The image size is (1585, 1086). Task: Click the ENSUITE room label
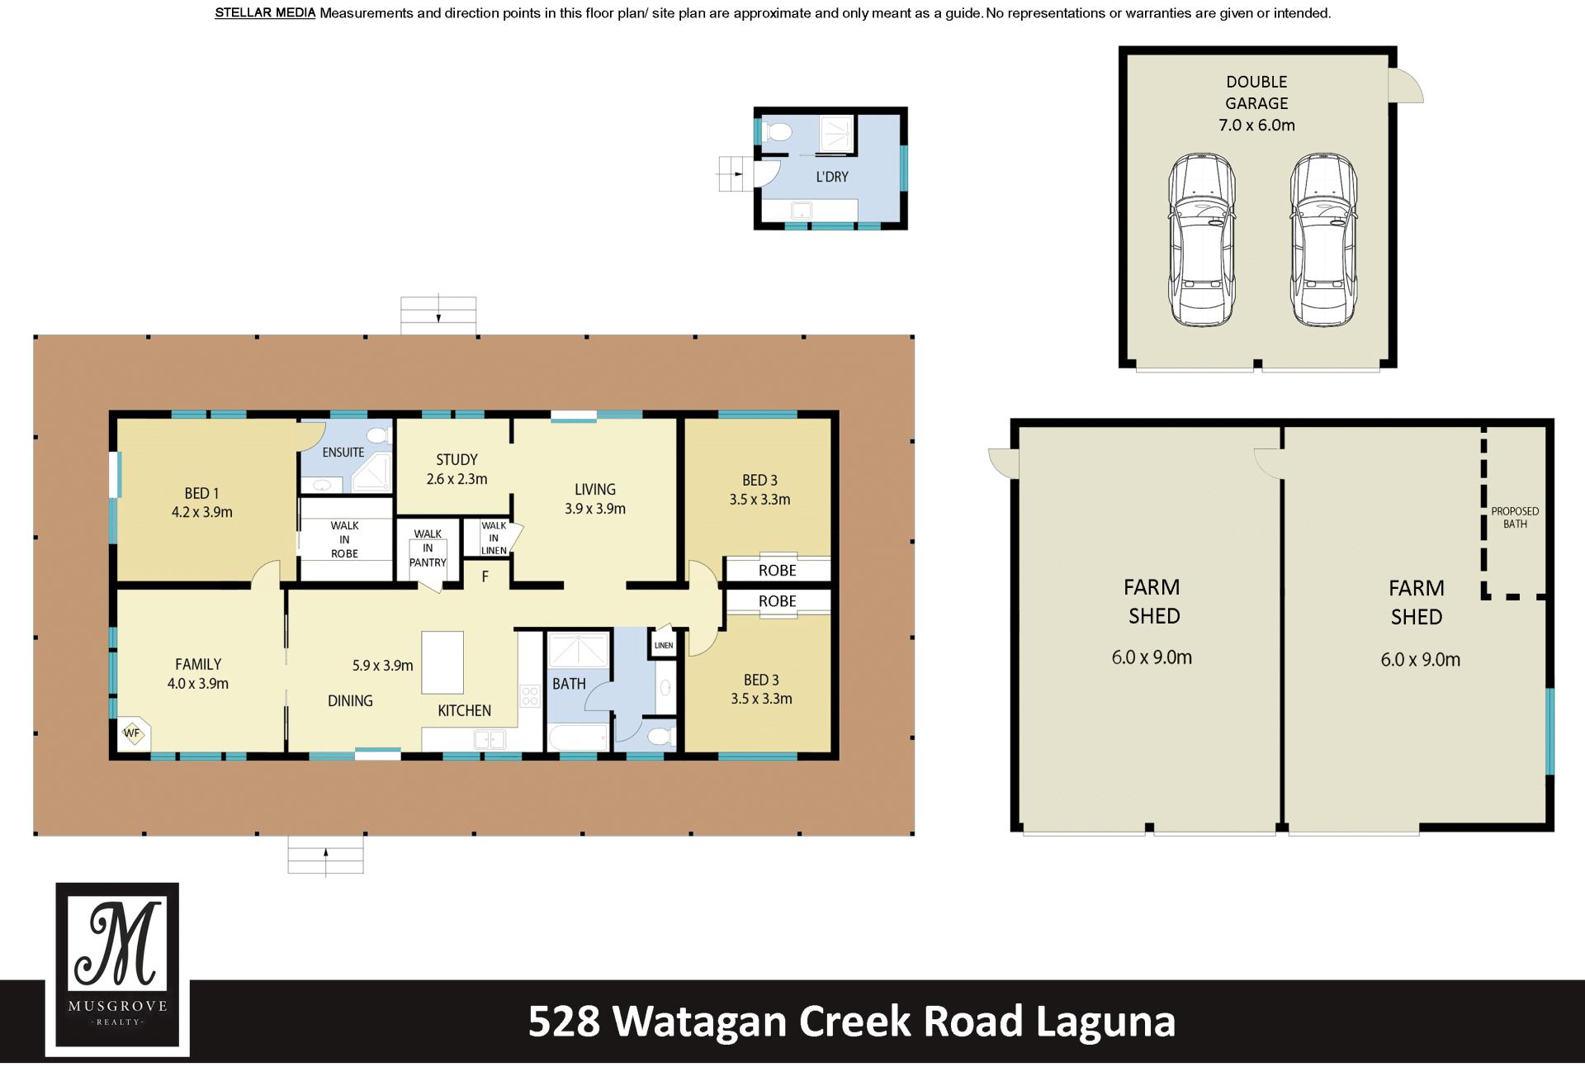343,453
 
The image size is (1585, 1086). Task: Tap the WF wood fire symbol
133,733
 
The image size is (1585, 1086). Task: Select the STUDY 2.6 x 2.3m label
457,469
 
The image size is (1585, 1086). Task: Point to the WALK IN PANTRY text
428,548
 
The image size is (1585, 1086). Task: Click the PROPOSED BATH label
1515,518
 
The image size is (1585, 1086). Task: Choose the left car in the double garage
1201,239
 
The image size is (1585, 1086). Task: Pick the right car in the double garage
1323,239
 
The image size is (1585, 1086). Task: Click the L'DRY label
832,177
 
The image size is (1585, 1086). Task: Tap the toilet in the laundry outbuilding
776,131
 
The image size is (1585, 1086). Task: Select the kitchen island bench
442,662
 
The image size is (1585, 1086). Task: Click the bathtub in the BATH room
579,737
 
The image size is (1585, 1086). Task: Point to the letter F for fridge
485,576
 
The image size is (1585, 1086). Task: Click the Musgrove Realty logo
117,969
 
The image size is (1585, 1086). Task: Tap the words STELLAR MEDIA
265,13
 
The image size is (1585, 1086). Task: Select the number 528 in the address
564,1022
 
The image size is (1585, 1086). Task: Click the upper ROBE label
778,571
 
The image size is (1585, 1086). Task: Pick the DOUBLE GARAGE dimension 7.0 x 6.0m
1256,126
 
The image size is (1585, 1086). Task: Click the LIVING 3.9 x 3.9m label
595,499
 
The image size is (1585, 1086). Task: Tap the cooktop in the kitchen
530,695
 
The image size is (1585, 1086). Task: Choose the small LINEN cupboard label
664,646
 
